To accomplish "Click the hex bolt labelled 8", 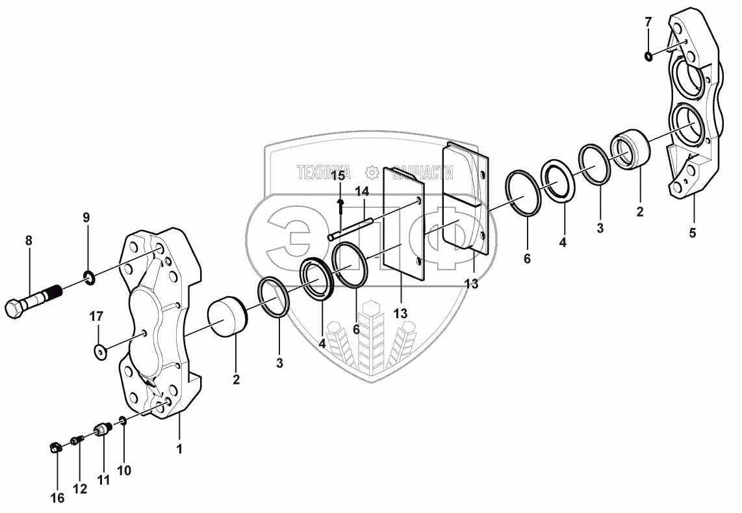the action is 32,298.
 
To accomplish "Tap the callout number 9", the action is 86,217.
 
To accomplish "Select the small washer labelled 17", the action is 100,351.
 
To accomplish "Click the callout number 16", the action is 57,498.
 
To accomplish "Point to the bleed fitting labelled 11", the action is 102,431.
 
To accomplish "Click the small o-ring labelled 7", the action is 648,56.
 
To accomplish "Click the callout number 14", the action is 362,192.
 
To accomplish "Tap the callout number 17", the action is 96,317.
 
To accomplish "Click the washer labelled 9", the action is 89,280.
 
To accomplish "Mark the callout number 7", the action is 647,22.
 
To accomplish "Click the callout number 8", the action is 28,240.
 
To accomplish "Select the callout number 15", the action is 338,175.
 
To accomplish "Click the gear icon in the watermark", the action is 372,172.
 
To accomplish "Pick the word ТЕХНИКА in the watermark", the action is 324,172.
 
